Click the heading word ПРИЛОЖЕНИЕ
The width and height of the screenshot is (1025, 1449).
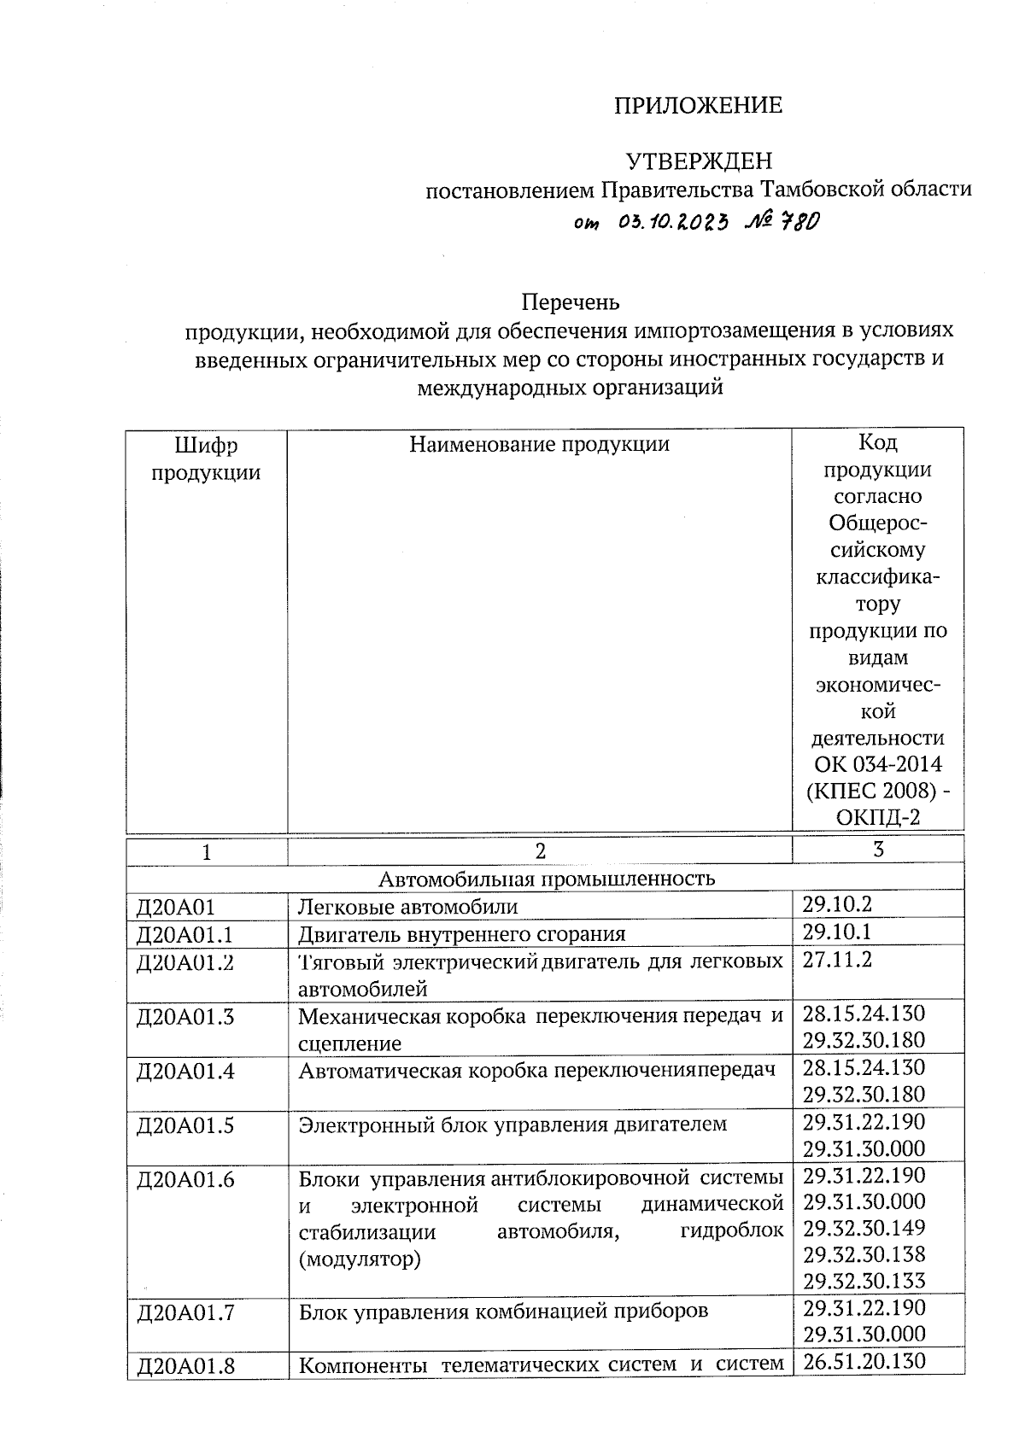click(x=698, y=106)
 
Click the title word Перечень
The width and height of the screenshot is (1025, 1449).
click(x=570, y=302)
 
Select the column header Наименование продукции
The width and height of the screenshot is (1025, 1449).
click(x=539, y=444)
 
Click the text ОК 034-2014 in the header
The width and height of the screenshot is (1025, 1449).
click(x=878, y=764)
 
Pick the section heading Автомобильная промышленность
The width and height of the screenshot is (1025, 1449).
click(x=547, y=878)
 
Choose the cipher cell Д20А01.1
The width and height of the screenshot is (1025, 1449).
click(x=185, y=933)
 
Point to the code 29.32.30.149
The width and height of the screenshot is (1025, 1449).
click(x=864, y=1228)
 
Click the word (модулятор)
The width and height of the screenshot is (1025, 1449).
click(x=360, y=1259)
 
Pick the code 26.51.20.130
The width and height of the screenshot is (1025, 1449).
click(x=864, y=1360)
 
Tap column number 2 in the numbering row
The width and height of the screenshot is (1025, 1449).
click(x=539, y=850)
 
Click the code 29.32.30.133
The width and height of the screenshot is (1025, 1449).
click(x=864, y=1281)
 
